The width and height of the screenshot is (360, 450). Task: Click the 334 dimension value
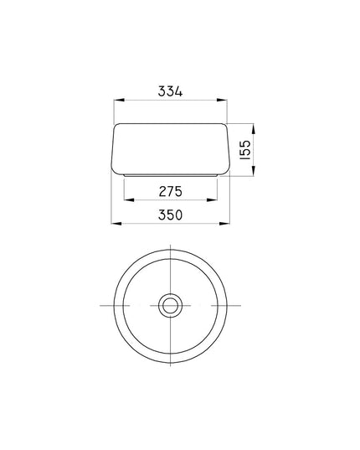(170, 91)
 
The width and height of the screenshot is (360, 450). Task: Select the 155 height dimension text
(245, 150)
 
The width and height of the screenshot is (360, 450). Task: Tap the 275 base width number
(171, 191)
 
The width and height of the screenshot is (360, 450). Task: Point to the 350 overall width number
(170, 215)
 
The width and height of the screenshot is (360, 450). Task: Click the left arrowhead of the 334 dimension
(119, 100)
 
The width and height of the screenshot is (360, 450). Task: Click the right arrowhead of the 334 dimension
(222, 100)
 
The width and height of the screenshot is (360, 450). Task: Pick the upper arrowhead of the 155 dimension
(254, 129)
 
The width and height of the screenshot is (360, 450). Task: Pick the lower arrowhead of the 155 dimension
(254, 171)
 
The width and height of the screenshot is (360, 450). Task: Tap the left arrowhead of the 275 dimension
(129, 199)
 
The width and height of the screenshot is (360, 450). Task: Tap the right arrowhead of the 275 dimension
(212, 199)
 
